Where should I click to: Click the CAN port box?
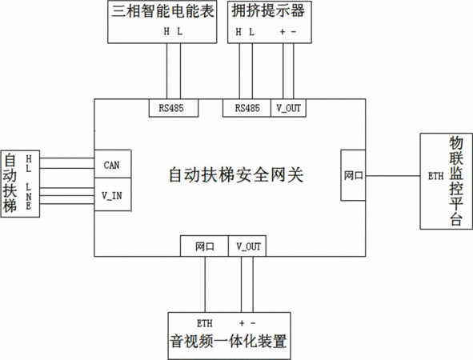tap(113, 164)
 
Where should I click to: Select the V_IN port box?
tap(113, 194)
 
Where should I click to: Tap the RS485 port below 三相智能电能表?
tap(174, 108)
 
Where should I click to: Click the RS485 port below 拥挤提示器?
tap(247, 108)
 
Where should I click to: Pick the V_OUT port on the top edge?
tap(288, 108)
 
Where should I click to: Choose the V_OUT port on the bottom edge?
tap(247, 246)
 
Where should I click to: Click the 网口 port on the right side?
tap(353, 175)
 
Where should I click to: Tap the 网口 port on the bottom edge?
tap(204, 246)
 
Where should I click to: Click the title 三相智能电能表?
tap(162, 11)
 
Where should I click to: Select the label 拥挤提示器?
tap(268, 11)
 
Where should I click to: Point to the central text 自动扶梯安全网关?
tap(236, 175)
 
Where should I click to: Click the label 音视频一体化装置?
tap(228, 342)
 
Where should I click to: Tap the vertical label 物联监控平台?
tap(456, 181)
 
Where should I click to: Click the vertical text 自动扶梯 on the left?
tap(10, 183)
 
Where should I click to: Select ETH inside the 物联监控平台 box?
tap(435, 176)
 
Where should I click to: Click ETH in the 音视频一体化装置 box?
tap(205, 323)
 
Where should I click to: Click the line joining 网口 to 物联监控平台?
tap(393, 176)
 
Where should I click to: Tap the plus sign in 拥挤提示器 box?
tap(283, 31)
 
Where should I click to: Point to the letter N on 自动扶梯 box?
tap(28, 197)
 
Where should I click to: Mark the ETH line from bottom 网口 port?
tap(205, 285)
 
